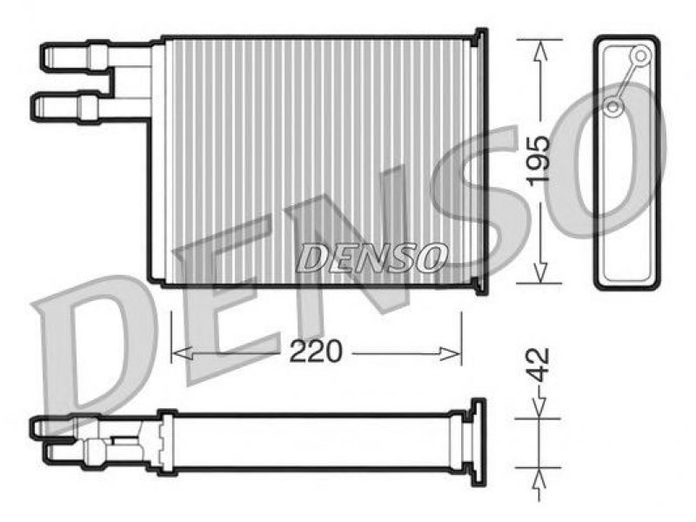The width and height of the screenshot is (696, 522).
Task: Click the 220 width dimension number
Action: pyautogui.click(x=316, y=351)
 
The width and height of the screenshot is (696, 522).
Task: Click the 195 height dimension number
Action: pyautogui.click(x=538, y=159)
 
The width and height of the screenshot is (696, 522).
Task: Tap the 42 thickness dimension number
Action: pyautogui.click(x=539, y=365)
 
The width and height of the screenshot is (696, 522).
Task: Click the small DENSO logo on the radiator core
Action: pyautogui.click(x=371, y=258)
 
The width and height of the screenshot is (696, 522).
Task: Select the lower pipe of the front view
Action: pyautogui.click(x=89, y=107)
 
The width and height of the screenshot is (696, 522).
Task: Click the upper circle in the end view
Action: pyautogui.click(x=640, y=56)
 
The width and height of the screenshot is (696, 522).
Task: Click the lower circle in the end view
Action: pyautogui.click(x=613, y=107)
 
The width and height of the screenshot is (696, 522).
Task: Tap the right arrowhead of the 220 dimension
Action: pyautogui.click(x=451, y=354)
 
